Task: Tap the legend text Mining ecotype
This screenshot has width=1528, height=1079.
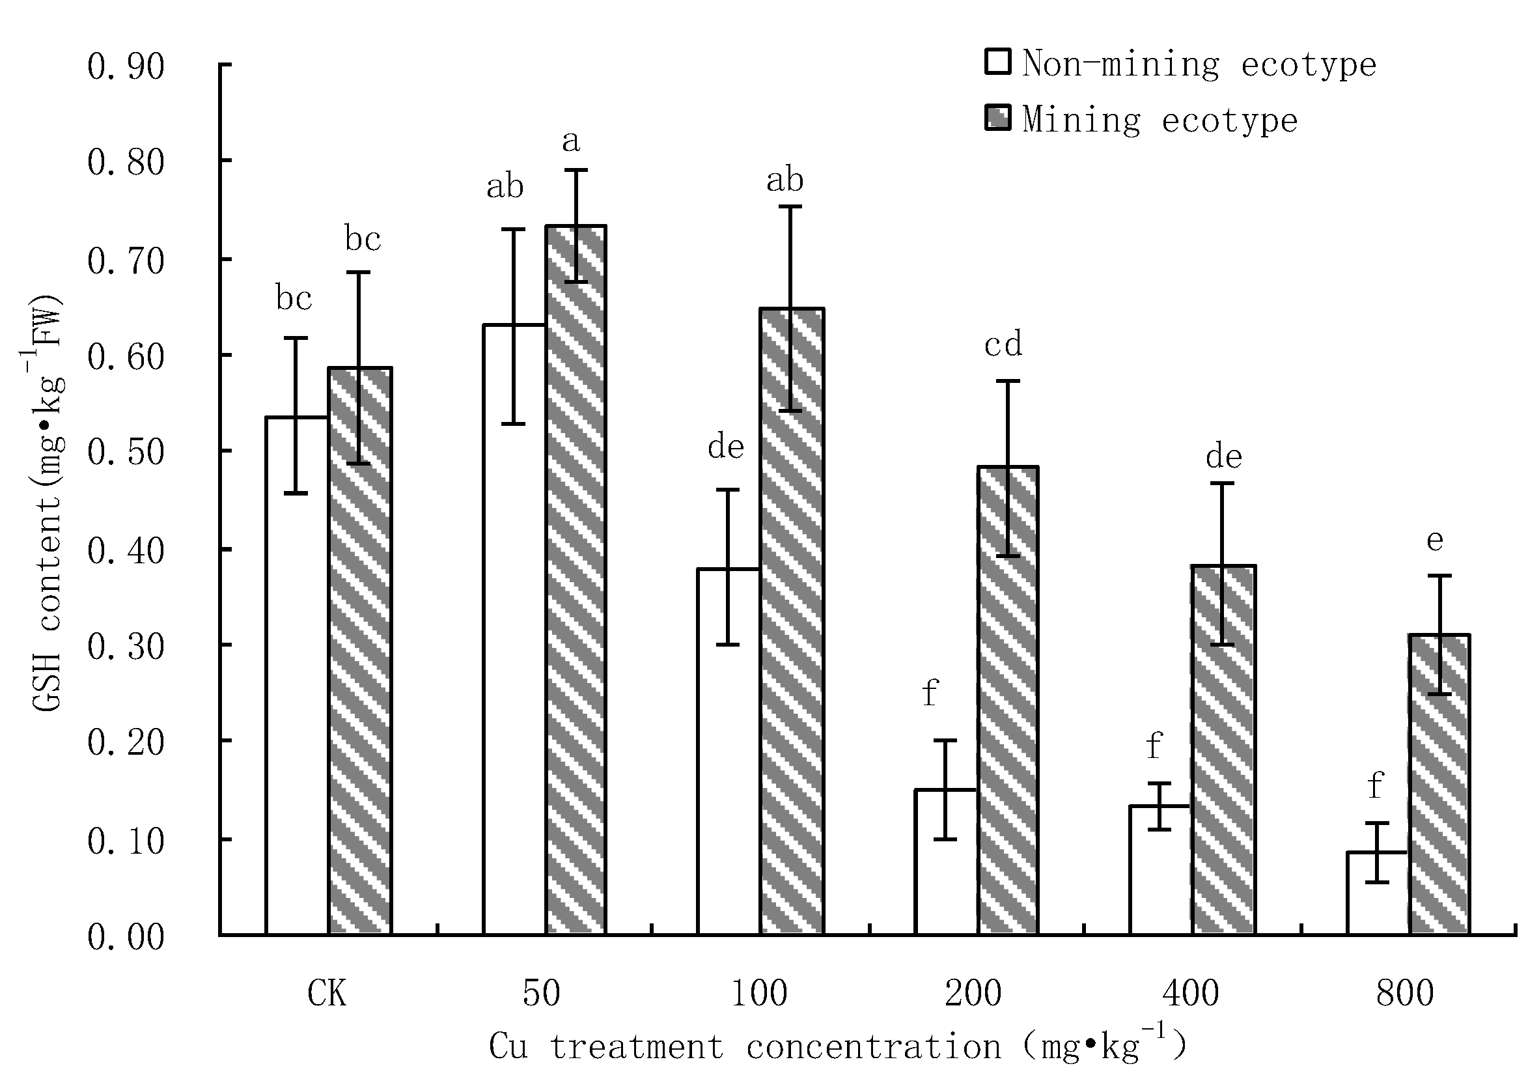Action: point(1160,120)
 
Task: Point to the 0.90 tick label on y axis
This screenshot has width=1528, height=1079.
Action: point(125,66)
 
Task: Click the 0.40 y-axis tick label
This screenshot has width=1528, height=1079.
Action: point(125,550)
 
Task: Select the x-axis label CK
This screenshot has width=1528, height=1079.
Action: point(327,994)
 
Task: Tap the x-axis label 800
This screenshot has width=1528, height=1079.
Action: point(1404,994)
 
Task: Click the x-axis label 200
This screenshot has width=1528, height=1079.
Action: point(973,994)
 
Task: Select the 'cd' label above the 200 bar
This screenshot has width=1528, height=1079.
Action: point(1003,344)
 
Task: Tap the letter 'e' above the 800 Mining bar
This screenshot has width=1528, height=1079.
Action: point(1435,540)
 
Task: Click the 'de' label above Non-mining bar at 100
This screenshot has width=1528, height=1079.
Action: point(725,447)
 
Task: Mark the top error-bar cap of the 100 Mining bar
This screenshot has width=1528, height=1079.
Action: point(790,207)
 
